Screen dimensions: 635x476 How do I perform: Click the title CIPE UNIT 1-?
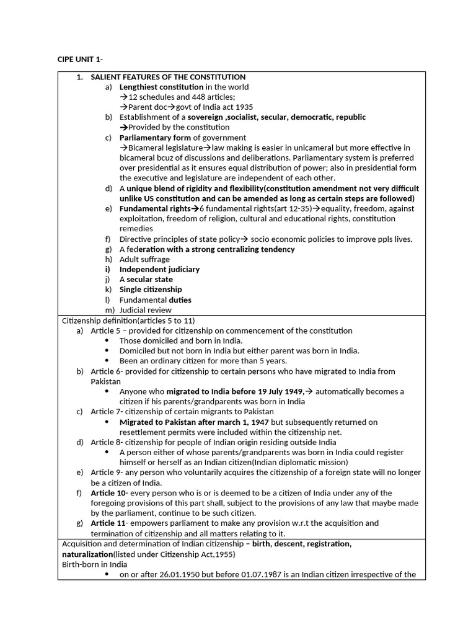(x=81, y=60)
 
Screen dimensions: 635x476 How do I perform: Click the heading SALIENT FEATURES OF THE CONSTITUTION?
(x=168, y=77)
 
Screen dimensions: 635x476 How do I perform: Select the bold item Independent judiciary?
(x=159, y=269)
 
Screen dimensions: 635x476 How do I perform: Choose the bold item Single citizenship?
(x=151, y=290)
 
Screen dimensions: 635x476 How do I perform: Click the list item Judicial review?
(x=146, y=310)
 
